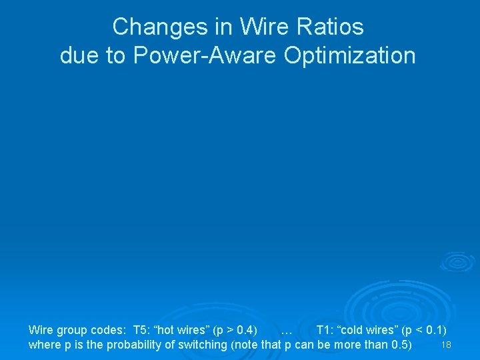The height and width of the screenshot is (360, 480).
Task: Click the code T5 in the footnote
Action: (x=141, y=330)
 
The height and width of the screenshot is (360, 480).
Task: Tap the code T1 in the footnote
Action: (x=324, y=330)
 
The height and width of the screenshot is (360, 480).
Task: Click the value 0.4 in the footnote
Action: (x=244, y=330)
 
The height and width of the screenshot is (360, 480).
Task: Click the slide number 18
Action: (x=447, y=345)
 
